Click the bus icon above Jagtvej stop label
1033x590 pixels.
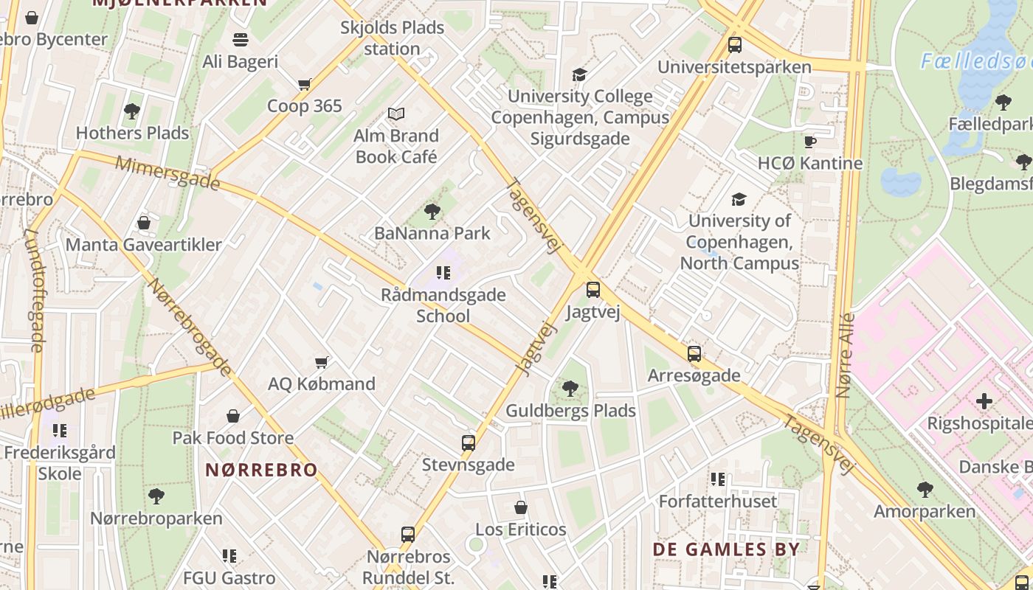tap(592, 290)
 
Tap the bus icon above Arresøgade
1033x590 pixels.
tap(694, 353)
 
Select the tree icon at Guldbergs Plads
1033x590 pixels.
tap(570, 389)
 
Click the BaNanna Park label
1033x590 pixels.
tap(432, 233)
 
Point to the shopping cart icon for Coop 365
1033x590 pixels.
tap(304, 84)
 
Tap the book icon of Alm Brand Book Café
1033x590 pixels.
tap(396, 114)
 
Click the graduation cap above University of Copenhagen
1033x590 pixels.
tap(739, 199)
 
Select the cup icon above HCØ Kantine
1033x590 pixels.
tap(810, 142)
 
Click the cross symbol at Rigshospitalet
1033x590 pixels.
tap(984, 401)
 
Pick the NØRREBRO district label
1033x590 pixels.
tap(261, 470)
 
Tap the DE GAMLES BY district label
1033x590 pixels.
tap(726, 549)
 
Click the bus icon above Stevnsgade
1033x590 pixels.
tap(468, 443)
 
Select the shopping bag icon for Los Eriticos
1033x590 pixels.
tap(521, 508)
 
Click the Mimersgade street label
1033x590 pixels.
tap(167, 173)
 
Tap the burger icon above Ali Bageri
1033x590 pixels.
tap(241, 39)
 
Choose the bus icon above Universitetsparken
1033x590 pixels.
tap(734, 45)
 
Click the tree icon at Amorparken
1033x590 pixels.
tap(925, 489)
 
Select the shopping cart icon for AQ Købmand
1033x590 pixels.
tap(321, 362)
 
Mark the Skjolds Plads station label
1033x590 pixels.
tap(392, 38)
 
